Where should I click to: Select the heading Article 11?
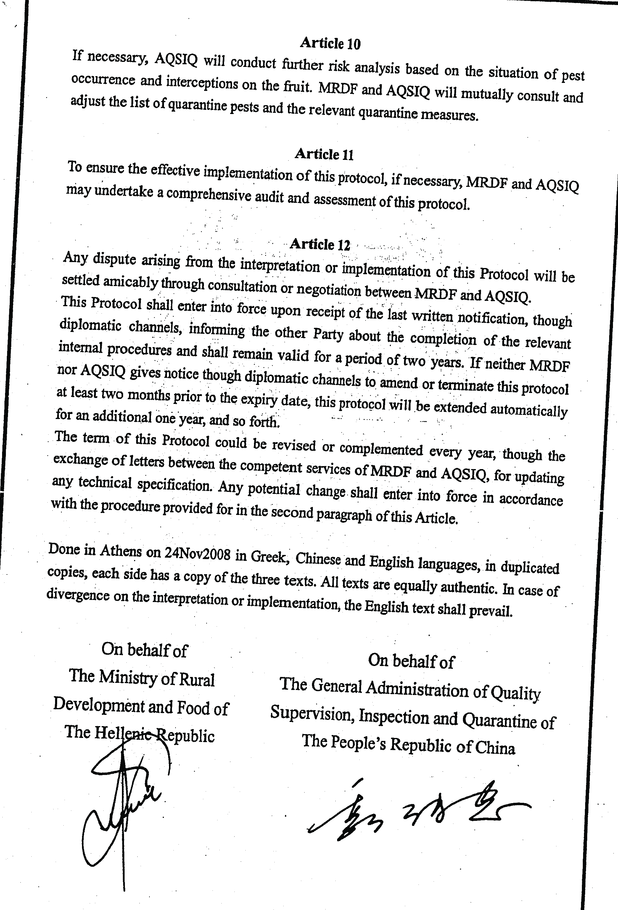(324, 154)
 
